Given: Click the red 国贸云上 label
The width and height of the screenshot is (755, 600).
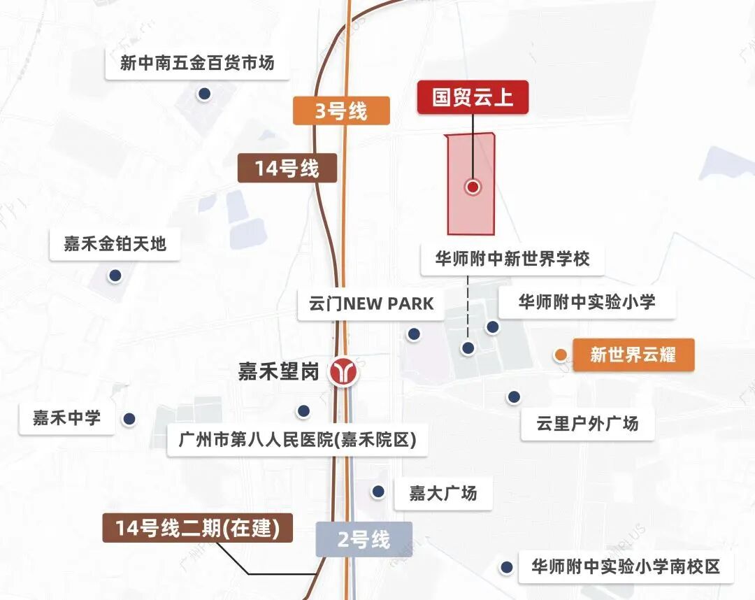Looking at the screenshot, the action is pos(473,97).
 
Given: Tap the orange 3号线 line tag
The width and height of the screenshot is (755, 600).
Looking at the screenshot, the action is pos(340,110).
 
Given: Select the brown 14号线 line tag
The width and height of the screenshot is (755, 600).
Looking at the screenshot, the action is pos(287,169).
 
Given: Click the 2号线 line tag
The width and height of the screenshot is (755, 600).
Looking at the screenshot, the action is pos(364,540).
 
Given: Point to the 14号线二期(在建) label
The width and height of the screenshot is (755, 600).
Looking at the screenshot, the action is pos(198,528).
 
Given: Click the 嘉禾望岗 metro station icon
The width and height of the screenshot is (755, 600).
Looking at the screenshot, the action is pos(344,371).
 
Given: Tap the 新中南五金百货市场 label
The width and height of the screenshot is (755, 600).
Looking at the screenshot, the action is pos(197,63).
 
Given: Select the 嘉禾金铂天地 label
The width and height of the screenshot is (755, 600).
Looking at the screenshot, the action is pos(115,244).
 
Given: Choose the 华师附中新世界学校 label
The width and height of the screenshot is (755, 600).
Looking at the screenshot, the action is pos(512,259).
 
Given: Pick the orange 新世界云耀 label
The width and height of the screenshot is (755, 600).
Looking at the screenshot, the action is pos(633,355).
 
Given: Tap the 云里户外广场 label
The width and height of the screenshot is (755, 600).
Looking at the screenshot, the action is pos(587,424).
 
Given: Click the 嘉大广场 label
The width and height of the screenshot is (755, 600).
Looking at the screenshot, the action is pos(443,493).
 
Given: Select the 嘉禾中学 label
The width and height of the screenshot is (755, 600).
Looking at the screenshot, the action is pos(67,418).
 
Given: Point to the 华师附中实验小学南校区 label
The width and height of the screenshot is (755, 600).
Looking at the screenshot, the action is pos(626,566).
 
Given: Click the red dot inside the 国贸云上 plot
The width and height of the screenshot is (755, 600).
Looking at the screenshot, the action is pos(473,187).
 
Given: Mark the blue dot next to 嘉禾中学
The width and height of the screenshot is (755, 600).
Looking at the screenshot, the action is pos(129,419).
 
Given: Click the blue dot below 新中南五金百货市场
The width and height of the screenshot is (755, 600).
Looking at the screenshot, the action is pos(204,94).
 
